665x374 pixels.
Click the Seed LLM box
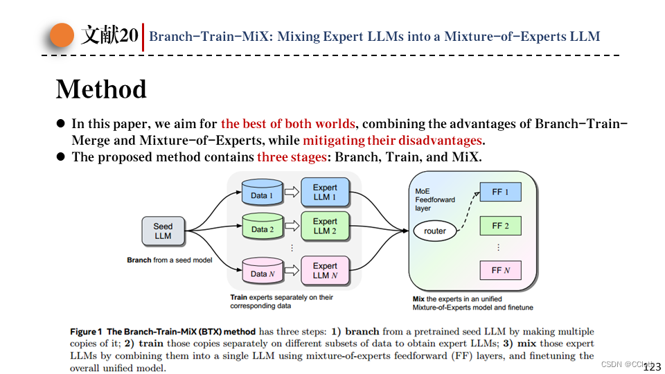click(163, 231)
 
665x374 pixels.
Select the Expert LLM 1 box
click(324, 192)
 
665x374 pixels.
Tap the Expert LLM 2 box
click(324, 226)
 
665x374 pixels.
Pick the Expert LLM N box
click(324, 270)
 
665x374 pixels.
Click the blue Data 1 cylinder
click(263, 194)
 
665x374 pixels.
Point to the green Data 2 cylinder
click(263, 228)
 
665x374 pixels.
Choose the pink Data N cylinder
click(263, 272)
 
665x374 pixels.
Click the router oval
click(435, 231)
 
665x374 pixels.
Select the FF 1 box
click(500, 192)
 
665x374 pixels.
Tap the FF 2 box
click(500, 226)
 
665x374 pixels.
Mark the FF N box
click(500, 270)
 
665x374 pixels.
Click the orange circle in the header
click(62, 36)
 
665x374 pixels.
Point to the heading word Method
click(101, 89)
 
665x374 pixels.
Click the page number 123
click(653, 367)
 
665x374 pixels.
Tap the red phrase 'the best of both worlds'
click(287, 124)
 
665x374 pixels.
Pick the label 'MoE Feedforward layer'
click(435, 199)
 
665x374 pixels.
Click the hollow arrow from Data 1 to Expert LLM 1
click(290, 192)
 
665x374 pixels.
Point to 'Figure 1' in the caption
click(86, 332)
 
